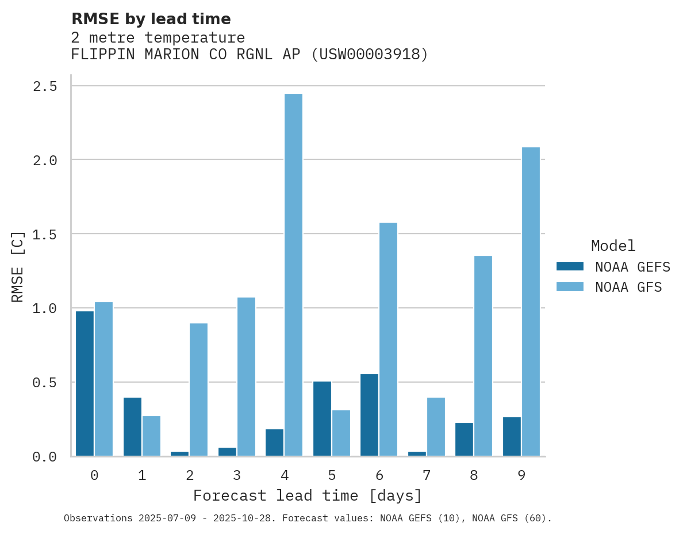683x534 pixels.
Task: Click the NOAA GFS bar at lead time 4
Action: pyautogui.click(x=293, y=275)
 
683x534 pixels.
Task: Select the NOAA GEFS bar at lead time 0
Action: pyautogui.click(x=85, y=383)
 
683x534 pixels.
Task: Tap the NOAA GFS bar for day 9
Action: pyautogui.click(x=531, y=302)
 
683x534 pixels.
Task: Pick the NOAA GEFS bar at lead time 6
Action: pyautogui.click(x=369, y=415)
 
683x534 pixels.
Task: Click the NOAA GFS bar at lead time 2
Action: pyautogui.click(x=198, y=390)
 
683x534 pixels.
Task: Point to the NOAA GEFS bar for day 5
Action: pyautogui.click(x=322, y=418)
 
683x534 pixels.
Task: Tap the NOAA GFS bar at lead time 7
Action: pyautogui.click(x=436, y=426)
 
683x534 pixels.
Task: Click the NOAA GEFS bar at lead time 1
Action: pyautogui.click(x=132, y=426)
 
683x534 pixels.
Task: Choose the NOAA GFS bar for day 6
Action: pyautogui.click(x=388, y=339)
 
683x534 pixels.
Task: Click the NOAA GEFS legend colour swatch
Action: pyautogui.click(x=570, y=266)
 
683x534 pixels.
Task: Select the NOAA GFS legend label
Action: pyautogui.click(x=628, y=287)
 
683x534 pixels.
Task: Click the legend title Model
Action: pyautogui.click(x=613, y=246)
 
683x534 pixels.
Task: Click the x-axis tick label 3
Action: pyautogui.click(x=237, y=475)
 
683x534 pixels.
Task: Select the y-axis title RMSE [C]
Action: pyautogui.click(x=18, y=266)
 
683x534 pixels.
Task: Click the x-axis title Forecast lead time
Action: pyautogui.click(x=308, y=495)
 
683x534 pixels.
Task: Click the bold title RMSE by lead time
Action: pyautogui.click(x=151, y=19)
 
